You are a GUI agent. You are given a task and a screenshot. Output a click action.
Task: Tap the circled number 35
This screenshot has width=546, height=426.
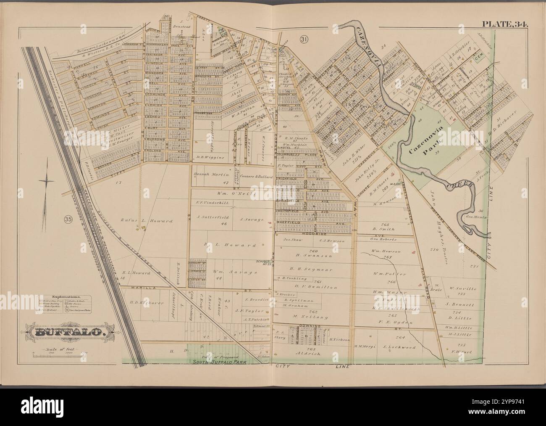click(x=68, y=219)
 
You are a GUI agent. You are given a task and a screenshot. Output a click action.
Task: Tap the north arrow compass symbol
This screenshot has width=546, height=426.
click(x=47, y=181)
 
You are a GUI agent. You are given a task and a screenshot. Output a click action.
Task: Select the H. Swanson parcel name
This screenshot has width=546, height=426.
click(x=312, y=255)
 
